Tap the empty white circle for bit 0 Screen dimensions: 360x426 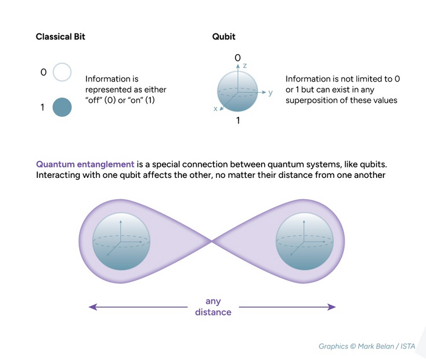click(62, 73)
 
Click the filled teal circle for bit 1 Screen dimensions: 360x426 click(62, 107)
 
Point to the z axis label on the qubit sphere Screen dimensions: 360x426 click(244, 65)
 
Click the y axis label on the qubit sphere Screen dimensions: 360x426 click(270, 93)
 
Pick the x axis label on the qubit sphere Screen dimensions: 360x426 click(215, 108)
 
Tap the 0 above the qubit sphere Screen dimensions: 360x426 click(237, 58)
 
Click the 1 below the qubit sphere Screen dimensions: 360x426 click(237, 121)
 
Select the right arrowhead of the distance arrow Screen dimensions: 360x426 click(332, 307)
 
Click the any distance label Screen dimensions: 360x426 click(212, 307)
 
